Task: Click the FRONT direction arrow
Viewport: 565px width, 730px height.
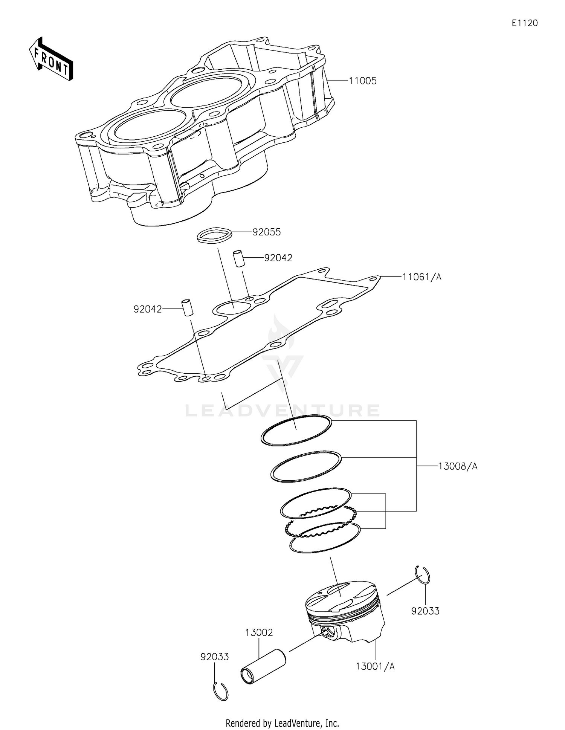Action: [51, 59]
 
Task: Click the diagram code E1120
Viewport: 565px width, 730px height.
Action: [524, 23]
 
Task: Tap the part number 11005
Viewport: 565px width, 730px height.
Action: [362, 81]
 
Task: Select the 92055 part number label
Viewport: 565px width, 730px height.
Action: [266, 232]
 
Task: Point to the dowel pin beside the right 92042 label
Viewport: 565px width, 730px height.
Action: [238, 258]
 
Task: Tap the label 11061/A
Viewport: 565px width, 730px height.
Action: [421, 277]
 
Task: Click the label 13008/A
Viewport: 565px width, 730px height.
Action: [457, 466]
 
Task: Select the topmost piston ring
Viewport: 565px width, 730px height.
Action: [296, 431]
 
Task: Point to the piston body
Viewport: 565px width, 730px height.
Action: [345, 614]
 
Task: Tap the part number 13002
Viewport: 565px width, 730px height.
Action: [259, 632]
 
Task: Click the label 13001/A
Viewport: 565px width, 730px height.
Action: [375, 667]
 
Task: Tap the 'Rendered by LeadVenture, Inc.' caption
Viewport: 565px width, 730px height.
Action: [282, 723]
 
